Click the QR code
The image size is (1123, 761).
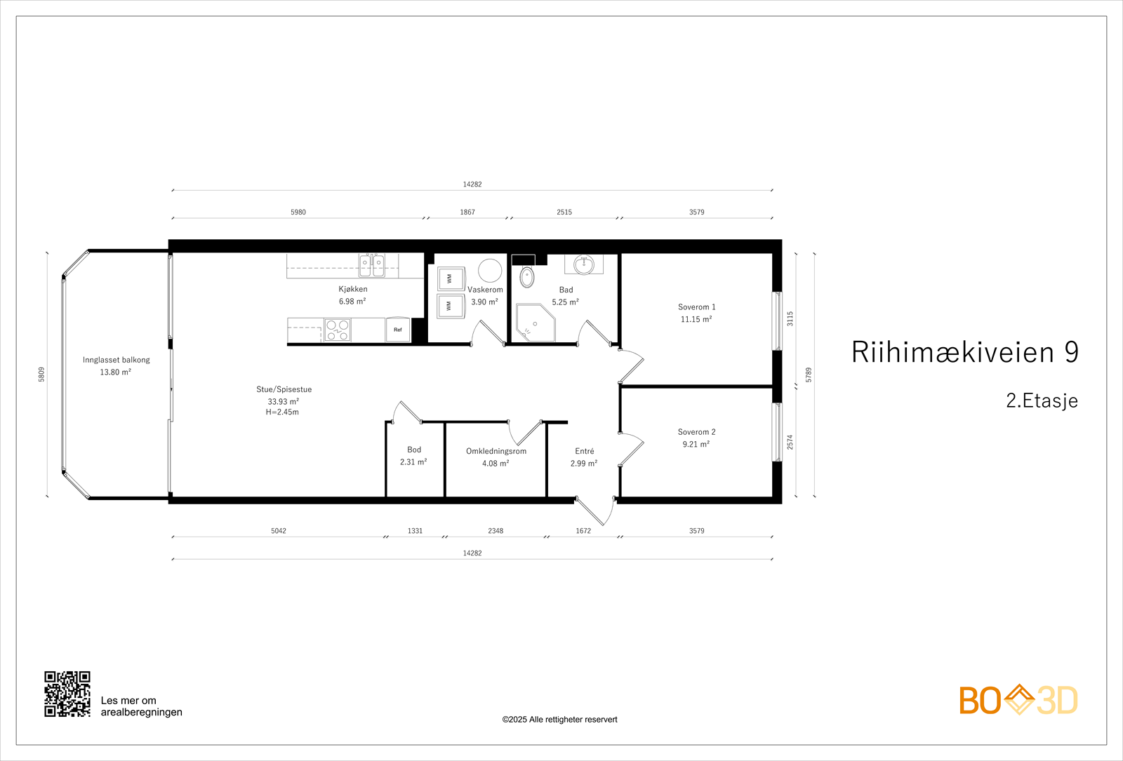(67, 694)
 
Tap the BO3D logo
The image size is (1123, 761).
(1018, 700)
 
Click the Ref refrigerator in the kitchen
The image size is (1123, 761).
(398, 330)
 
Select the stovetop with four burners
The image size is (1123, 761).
(338, 330)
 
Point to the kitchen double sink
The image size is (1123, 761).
(372, 265)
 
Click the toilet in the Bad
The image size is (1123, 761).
(527, 277)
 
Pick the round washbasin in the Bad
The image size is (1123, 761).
(584, 264)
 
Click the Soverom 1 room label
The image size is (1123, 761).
(696, 307)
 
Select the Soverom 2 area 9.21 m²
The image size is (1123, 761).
(696, 444)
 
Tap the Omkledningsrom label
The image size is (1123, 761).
(496, 451)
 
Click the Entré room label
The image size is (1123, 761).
(585, 451)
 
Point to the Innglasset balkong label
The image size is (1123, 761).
(117, 360)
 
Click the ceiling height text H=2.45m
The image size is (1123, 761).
(282, 412)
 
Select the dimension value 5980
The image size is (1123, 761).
(298, 212)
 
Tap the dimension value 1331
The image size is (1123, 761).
(416, 531)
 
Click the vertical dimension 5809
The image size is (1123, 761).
(41, 375)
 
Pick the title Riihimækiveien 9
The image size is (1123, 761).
(965, 352)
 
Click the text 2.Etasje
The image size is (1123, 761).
(1042, 400)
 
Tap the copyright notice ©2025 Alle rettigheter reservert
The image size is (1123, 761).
(559, 720)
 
